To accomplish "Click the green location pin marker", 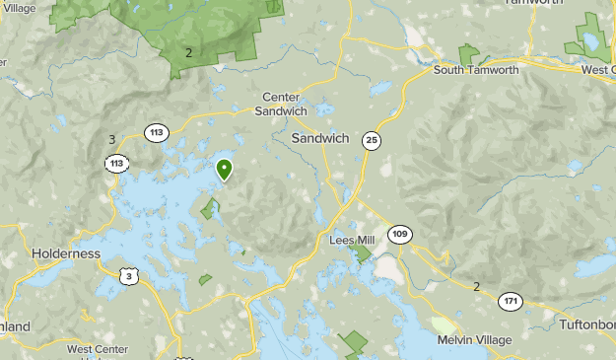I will point(225,170).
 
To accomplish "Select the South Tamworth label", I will point(477,69).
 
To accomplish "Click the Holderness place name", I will point(66,253).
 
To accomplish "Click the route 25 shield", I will point(371,140).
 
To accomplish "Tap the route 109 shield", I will point(399,234).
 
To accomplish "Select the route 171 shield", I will point(511,301).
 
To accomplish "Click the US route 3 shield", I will point(129,277).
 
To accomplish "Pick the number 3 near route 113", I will point(111,139).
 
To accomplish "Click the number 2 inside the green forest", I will point(187,51).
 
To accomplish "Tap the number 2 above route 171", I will point(476,286).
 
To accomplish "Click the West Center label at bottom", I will point(98,349).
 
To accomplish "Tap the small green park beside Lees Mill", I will point(362,253).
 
